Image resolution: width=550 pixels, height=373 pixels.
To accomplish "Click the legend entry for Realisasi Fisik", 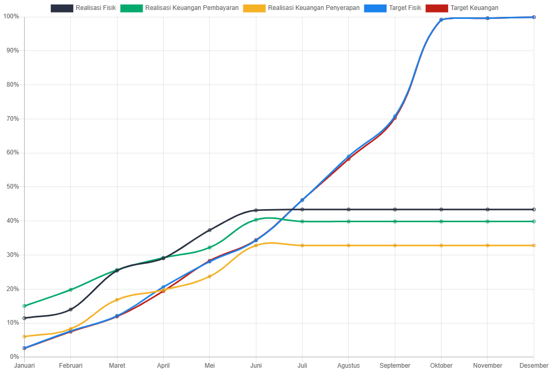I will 83,8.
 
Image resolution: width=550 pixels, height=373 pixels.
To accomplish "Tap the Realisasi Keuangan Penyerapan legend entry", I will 301,8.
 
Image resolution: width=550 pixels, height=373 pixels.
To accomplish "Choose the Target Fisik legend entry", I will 393,8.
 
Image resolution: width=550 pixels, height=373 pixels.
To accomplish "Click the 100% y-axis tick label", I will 11,16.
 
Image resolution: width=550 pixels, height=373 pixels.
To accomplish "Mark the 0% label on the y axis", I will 14,357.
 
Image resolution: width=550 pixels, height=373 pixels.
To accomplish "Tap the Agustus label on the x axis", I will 349,366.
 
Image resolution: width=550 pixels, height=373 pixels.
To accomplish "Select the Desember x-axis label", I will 534,366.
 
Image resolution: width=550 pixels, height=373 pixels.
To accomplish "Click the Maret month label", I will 117,366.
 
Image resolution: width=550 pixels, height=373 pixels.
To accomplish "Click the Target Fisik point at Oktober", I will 441,20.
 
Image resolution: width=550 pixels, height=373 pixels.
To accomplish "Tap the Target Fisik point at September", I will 395,117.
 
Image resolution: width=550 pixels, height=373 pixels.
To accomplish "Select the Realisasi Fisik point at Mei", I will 210,230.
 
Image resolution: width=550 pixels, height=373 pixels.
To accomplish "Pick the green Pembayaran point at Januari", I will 25,306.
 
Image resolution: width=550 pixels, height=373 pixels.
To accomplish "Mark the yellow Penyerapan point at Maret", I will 117,299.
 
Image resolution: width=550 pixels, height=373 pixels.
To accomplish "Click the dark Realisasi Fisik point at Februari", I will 71,309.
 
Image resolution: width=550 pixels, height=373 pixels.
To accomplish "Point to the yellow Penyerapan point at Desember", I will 534,245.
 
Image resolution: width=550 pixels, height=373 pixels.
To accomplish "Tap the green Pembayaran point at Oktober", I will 441,221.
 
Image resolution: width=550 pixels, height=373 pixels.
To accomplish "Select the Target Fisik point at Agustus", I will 349,157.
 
